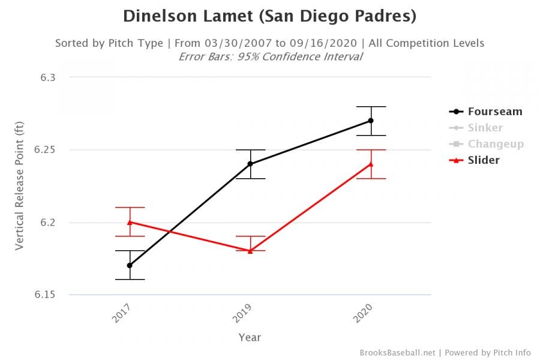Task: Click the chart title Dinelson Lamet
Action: pos(269,16)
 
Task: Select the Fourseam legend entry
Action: pos(495,112)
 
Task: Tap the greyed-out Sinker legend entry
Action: pos(485,128)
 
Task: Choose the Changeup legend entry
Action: pos(496,144)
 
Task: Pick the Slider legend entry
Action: pos(484,160)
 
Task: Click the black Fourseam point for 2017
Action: pos(130,265)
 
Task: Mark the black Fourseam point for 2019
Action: pos(250,164)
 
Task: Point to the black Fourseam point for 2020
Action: pos(371,121)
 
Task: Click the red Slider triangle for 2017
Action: pos(130,222)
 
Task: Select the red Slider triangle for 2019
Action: pos(250,251)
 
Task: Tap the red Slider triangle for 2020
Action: pos(371,164)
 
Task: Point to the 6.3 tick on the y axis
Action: pos(49,77)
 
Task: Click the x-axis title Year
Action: pos(250,337)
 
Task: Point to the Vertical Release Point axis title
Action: pos(20,186)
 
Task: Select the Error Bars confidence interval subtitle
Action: pos(270,57)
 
